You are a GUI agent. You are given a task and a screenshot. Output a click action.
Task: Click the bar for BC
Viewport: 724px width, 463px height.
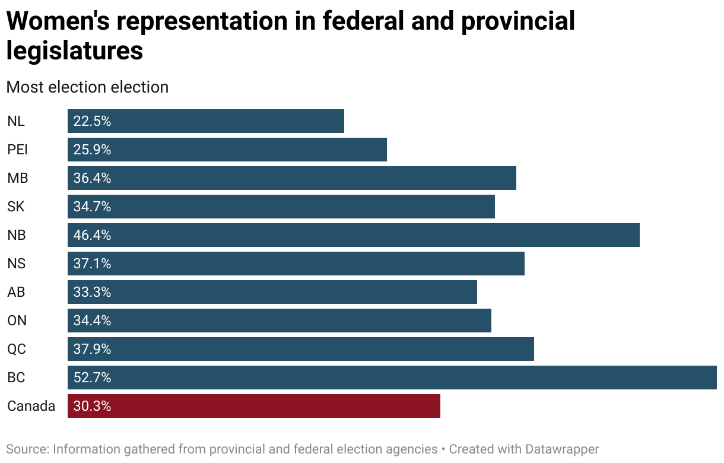coord(392,378)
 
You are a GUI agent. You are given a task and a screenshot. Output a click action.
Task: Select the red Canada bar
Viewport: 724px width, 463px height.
coord(254,406)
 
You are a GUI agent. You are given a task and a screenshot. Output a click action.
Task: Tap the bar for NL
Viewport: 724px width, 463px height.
coord(206,121)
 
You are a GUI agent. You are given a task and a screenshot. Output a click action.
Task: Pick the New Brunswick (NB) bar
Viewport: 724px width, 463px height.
coord(354,235)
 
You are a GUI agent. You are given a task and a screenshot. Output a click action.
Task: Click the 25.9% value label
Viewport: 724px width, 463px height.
coord(92,150)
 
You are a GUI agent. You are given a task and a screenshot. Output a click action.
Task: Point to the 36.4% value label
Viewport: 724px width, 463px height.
coord(92,178)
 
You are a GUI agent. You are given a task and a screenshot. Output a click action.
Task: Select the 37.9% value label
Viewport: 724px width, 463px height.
coord(92,349)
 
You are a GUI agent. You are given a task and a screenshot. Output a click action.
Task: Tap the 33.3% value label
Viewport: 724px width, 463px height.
coord(92,292)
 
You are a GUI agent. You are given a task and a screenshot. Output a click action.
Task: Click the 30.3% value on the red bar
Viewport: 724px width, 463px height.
coord(92,406)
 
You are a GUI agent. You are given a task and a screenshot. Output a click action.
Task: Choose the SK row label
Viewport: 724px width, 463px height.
coord(16,207)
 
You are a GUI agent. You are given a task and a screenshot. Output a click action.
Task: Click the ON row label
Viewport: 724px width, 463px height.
coord(17,321)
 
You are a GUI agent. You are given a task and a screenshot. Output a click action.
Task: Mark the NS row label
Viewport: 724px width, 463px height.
coord(17,264)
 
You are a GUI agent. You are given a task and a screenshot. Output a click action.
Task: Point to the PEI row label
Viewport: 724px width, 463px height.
coord(18,150)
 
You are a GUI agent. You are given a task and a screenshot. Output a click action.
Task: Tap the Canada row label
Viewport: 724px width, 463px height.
coord(31,406)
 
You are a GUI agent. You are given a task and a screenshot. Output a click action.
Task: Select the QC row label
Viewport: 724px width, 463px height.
coord(17,349)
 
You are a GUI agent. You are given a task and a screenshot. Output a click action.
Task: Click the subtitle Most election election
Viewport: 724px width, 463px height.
coord(87,87)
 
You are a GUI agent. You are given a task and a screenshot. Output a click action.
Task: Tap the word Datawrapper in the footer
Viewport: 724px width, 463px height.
coord(562,449)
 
